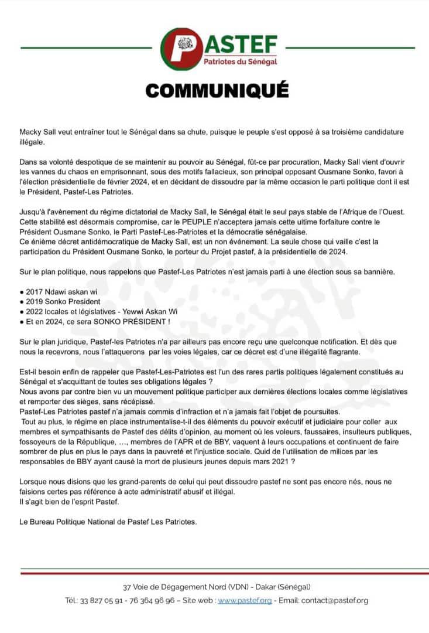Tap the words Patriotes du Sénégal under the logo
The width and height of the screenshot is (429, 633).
click(240, 62)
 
